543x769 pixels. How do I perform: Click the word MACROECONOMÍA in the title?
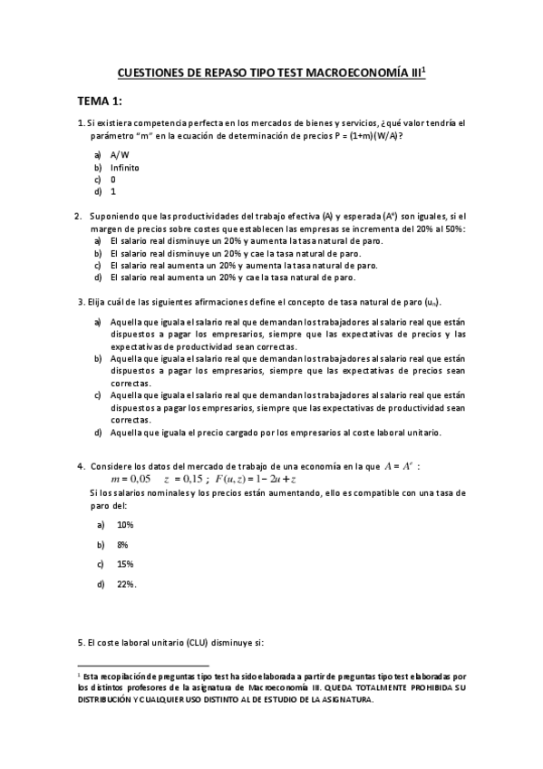tap(362, 77)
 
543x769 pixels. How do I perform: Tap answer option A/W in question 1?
tap(120, 156)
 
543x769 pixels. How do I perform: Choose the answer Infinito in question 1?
tap(125, 168)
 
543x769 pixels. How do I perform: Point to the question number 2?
tap(77, 216)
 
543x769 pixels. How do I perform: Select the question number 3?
tap(81, 301)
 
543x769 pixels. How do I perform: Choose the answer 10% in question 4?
tap(125, 524)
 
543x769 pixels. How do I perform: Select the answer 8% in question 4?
tap(121, 544)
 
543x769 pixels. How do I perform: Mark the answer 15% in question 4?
tap(125, 564)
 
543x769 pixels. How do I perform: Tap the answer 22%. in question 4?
tap(126, 584)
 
